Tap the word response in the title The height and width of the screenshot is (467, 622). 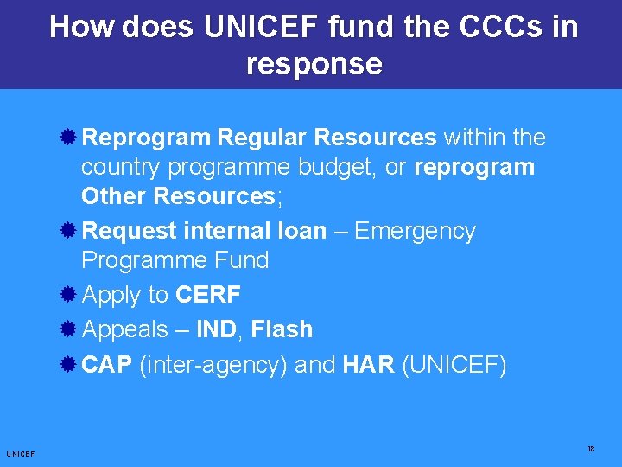tap(314, 64)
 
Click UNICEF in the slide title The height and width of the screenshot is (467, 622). tap(263, 27)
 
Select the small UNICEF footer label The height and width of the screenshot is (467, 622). tap(20, 454)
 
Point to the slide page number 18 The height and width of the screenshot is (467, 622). tap(591, 449)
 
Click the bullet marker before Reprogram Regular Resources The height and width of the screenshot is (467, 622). tap(71, 138)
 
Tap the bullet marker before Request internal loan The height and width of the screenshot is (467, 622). tap(71, 231)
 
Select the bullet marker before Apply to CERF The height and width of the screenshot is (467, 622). tap(71, 295)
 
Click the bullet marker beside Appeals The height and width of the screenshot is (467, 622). tap(71, 329)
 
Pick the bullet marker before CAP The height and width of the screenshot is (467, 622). tap(71, 365)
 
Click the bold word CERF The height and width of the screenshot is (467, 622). tap(208, 295)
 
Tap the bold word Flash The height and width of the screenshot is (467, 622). tap(282, 329)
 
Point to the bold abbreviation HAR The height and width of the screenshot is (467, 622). tap(369, 365)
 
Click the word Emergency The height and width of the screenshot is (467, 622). tap(415, 231)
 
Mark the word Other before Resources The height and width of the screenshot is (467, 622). tap(114, 196)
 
